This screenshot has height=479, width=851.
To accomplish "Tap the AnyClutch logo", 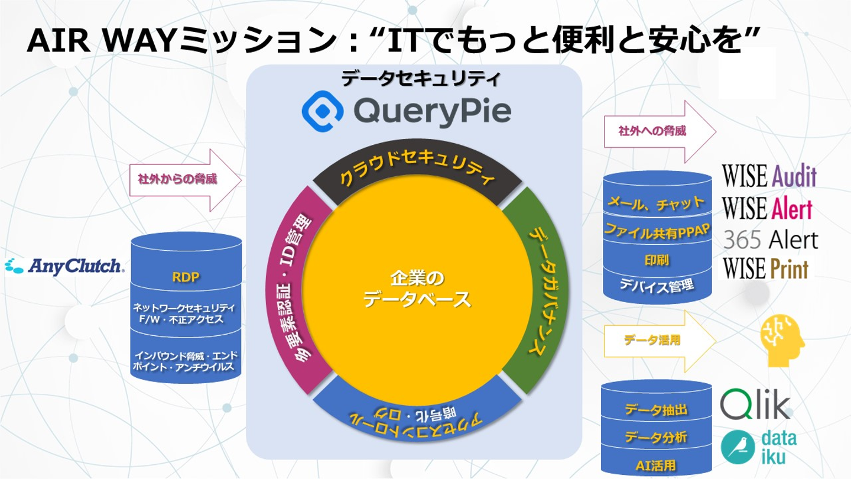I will pyautogui.click(x=64, y=266).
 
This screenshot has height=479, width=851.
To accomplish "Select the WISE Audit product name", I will pyautogui.click(x=769, y=176).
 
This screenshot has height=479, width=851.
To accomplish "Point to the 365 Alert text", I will pyautogui.click(x=771, y=239).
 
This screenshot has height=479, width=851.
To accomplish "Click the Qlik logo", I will pyautogui.click(x=755, y=405).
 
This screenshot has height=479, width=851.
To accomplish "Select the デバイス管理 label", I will pyautogui.click(x=657, y=286).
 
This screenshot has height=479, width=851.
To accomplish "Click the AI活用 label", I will pyautogui.click(x=657, y=464).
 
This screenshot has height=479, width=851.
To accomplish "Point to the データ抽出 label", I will pyautogui.click(x=657, y=409).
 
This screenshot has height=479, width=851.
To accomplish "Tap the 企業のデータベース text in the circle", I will pyautogui.click(x=417, y=288).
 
